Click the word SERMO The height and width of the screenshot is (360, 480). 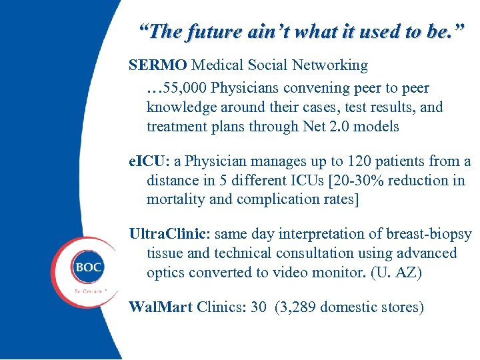(x=158, y=65)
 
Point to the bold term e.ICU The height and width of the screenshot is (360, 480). (x=151, y=161)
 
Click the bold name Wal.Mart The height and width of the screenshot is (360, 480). (x=160, y=307)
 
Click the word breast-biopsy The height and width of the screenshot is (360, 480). (x=430, y=234)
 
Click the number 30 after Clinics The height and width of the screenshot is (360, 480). (x=259, y=307)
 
